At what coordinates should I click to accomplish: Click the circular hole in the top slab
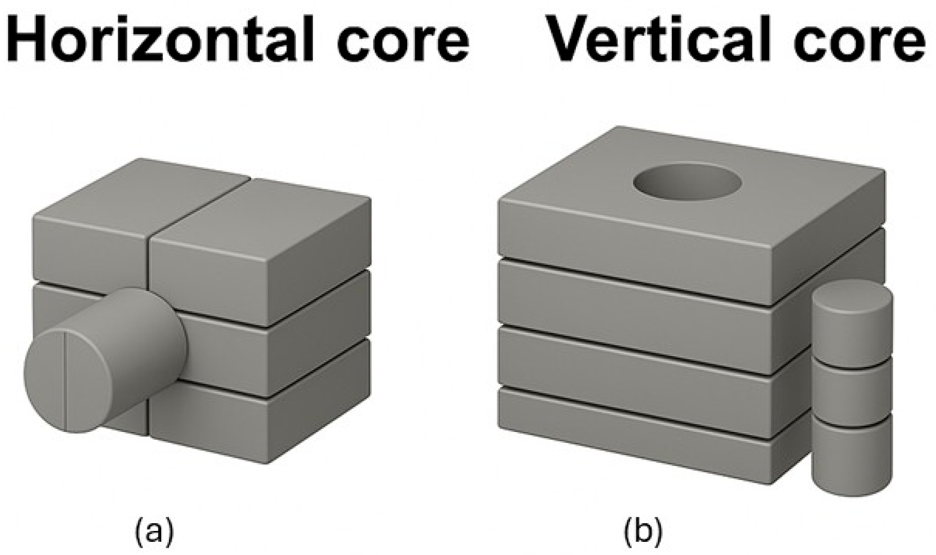pyautogui.click(x=688, y=184)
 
